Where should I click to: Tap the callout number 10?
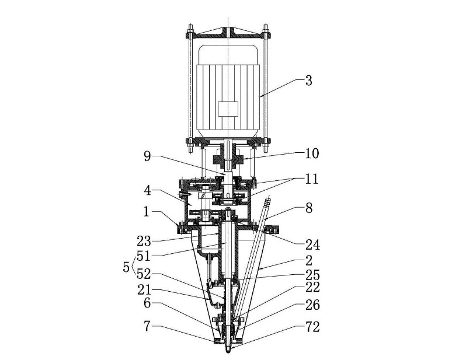(x=312, y=154)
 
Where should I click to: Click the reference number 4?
(x=148, y=190)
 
